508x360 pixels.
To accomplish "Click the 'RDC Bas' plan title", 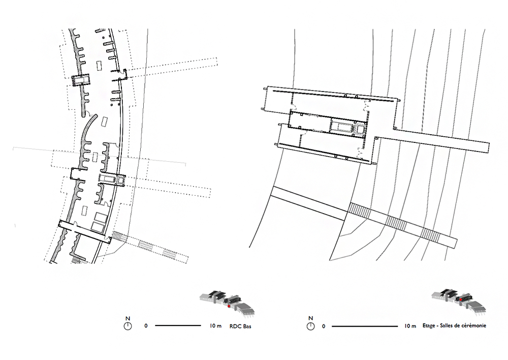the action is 240,326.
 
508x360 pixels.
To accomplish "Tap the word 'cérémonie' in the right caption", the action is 474,325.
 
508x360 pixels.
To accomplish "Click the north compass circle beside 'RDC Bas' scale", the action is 128,326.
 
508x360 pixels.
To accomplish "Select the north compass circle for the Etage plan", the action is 310,326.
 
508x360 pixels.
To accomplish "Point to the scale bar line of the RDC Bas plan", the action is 178,325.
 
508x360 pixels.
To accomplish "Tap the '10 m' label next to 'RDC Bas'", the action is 215,326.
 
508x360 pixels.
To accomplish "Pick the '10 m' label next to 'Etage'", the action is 410,326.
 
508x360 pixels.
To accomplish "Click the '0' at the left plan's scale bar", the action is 146,326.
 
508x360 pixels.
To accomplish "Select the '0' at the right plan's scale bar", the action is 323,326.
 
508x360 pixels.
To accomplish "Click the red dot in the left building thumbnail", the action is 229,306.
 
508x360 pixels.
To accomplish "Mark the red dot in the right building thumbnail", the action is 461,300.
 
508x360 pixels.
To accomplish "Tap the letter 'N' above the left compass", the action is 128,318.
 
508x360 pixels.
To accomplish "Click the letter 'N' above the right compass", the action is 310,318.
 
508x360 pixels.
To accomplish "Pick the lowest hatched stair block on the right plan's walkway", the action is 431,235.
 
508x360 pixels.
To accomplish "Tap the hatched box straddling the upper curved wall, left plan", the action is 80,80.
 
